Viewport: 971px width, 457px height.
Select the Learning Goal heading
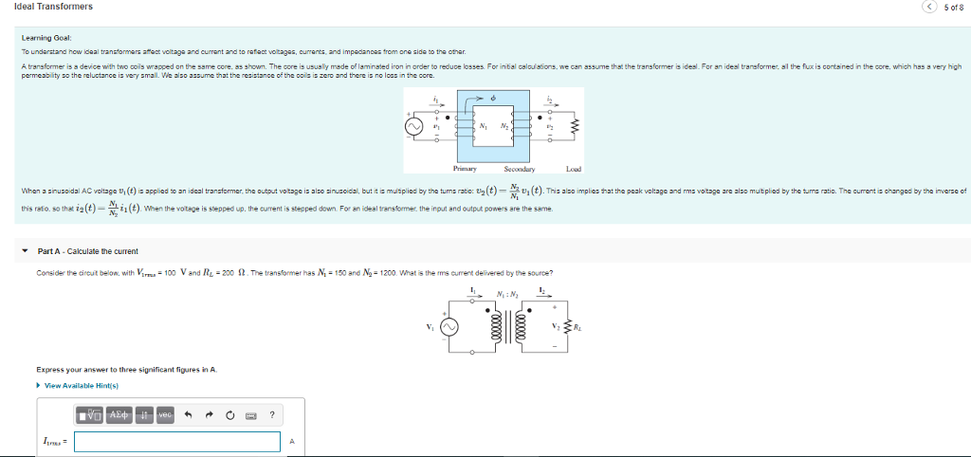coord(42,38)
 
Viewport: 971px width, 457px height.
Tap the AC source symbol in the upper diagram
coord(414,124)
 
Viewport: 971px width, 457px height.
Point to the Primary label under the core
coord(465,169)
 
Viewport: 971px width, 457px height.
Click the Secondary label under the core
coord(519,169)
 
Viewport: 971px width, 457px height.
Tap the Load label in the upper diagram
coord(573,169)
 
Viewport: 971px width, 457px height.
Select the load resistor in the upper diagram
coord(574,125)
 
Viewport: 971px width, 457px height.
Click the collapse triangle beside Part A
coord(26,251)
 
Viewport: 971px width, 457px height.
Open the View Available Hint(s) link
coord(81,385)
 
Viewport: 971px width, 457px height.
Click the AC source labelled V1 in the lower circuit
coord(449,327)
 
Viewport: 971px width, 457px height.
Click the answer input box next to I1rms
coord(177,442)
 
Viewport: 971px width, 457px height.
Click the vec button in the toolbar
coord(164,414)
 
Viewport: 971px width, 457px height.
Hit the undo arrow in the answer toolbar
coord(188,414)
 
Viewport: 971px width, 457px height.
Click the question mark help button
coord(271,414)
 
